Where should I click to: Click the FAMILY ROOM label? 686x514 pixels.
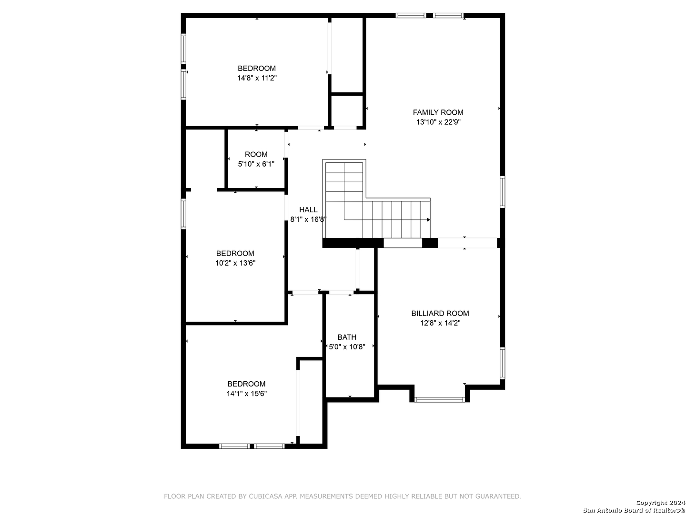(x=438, y=112)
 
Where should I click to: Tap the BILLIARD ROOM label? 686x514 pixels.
(x=440, y=313)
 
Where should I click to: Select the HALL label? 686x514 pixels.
(x=308, y=210)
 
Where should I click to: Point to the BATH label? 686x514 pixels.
(x=347, y=337)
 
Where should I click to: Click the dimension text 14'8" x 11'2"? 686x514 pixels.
(x=257, y=78)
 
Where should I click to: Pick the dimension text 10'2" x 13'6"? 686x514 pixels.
(x=235, y=263)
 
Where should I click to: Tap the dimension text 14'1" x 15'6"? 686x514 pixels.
(x=247, y=394)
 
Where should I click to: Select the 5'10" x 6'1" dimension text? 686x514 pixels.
(x=256, y=164)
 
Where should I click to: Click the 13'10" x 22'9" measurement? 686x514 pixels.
(x=438, y=122)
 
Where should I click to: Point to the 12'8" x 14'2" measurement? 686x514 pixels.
(x=440, y=323)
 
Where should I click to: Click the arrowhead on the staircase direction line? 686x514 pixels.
(x=428, y=220)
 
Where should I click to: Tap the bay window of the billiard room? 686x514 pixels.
(x=439, y=400)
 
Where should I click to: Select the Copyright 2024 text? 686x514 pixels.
(x=660, y=502)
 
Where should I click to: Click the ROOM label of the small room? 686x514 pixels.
(x=256, y=154)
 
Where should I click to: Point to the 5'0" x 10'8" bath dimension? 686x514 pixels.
(x=347, y=347)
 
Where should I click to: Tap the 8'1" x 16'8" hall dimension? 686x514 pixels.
(x=309, y=219)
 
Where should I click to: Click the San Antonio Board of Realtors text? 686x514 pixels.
(x=634, y=510)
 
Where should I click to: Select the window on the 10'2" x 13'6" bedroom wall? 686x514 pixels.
(x=183, y=214)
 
